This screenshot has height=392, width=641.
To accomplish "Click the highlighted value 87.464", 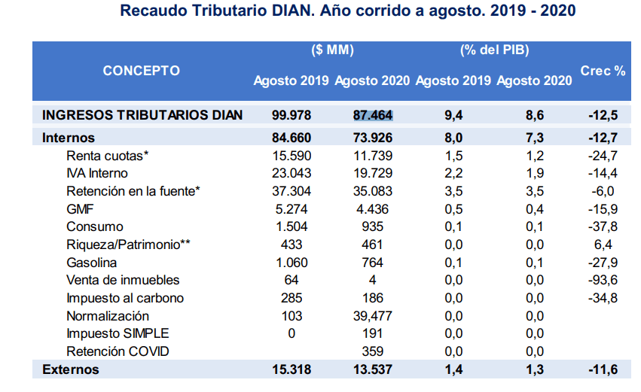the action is (x=373, y=116).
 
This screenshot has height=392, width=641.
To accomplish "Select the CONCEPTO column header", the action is (x=142, y=71).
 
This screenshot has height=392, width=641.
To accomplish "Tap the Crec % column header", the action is (x=603, y=71).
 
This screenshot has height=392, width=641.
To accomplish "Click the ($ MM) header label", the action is (x=332, y=50).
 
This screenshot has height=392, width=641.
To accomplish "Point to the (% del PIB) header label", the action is (x=495, y=50).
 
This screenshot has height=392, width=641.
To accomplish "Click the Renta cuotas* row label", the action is (x=108, y=156).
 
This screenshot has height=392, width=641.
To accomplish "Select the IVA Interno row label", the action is (x=97, y=173).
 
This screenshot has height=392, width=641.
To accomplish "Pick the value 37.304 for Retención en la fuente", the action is (x=292, y=191).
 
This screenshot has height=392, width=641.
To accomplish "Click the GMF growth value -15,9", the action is (x=603, y=209).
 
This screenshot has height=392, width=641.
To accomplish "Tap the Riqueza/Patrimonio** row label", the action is (x=128, y=245).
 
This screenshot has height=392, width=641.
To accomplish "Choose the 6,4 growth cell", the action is (x=603, y=245).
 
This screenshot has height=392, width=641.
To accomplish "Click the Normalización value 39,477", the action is (x=373, y=316).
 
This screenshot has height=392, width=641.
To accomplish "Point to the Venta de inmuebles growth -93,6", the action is (x=603, y=280).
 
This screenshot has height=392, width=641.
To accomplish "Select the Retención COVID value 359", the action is (x=373, y=351).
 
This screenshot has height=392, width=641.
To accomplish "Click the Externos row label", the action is (x=71, y=369).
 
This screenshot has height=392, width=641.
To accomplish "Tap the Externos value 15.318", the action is (x=292, y=369).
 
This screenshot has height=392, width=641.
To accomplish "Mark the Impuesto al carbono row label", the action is (x=125, y=298).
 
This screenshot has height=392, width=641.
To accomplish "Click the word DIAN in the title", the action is (x=294, y=11).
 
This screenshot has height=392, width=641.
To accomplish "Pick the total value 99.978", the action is (x=292, y=116).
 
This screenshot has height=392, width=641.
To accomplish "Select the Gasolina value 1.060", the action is (x=292, y=263).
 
